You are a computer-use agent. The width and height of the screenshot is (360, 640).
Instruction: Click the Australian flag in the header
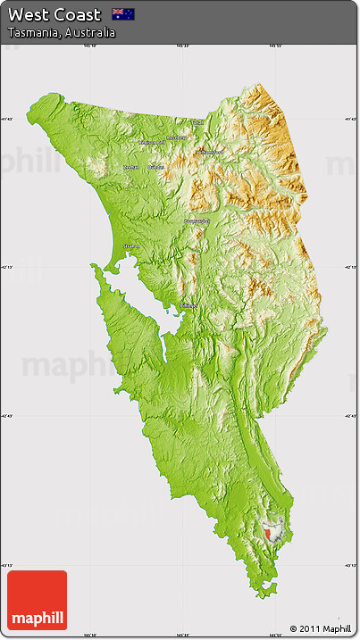tap(123, 14)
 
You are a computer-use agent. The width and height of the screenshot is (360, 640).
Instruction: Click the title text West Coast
tap(54, 14)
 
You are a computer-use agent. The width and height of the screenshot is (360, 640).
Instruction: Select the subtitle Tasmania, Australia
tap(61, 32)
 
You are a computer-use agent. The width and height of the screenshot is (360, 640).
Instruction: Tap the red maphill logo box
tap(37, 601)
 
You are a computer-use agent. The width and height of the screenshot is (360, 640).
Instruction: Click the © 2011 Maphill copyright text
tap(321, 628)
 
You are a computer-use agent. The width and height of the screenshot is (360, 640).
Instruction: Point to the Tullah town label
tap(196, 122)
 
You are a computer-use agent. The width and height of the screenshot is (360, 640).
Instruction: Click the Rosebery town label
tap(177, 138)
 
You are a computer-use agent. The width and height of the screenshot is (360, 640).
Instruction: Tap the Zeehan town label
tap(131, 167)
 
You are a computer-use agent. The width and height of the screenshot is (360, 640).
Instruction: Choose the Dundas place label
tap(156, 167)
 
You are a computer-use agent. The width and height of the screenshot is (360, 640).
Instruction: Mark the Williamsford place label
tap(209, 152)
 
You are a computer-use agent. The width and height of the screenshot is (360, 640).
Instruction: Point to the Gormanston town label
tap(197, 220)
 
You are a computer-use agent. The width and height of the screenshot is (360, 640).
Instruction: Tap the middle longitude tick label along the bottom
tap(182, 636)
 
